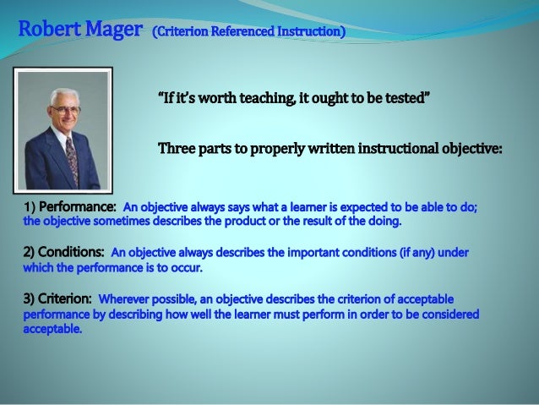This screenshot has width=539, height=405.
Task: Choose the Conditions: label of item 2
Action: pyautogui.click(x=69, y=253)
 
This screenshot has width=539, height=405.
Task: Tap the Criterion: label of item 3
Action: pyautogui.click(x=65, y=298)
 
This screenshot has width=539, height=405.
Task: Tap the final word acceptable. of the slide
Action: pyautogui.click(x=52, y=329)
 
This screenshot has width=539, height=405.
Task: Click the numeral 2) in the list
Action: pyautogui.click(x=29, y=253)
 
